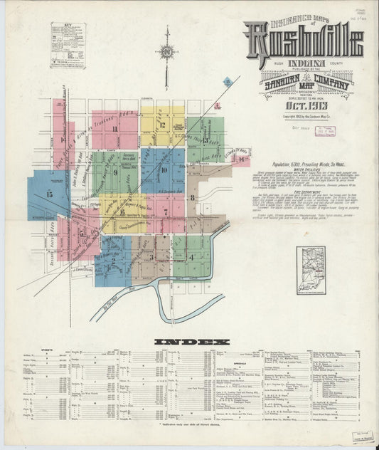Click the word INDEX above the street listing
click(x=189, y=342)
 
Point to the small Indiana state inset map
click(x=311, y=265)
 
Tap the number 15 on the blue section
click(x=49, y=194)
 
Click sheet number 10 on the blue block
click(x=164, y=170)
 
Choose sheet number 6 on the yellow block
click(x=122, y=211)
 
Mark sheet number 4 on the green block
click(x=191, y=256)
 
